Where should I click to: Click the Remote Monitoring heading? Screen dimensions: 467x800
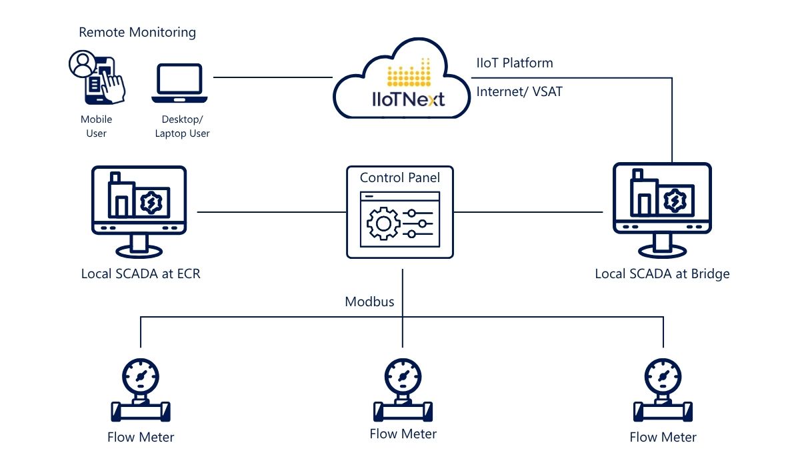click(x=137, y=32)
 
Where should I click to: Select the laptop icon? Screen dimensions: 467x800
click(x=179, y=83)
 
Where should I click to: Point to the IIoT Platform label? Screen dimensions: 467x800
click(x=514, y=63)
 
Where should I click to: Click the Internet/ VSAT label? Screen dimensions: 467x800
click(x=519, y=91)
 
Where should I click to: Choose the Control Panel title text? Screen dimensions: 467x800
click(x=400, y=178)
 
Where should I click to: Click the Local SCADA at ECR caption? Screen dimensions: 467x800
click(x=141, y=274)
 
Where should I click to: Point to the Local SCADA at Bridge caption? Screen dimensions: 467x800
click(x=662, y=274)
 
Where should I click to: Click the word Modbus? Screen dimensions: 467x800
click(x=369, y=302)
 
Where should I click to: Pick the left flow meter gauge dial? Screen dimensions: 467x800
click(x=141, y=377)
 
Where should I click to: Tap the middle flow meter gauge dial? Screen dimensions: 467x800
click(x=403, y=377)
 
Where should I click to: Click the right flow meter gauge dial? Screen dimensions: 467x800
click(x=663, y=377)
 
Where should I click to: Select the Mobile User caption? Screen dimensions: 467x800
click(x=96, y=126)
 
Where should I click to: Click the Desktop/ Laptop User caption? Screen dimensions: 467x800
click(x=182, y=126)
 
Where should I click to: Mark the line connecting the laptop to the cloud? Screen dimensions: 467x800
click(x=273, y=77)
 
